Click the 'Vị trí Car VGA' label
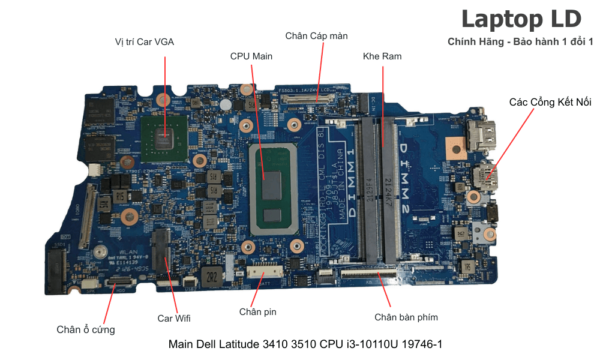tap(145, 42)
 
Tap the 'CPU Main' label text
tap(251, 56)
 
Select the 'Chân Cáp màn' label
tap(316, 36)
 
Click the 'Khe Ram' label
tap(382, 56)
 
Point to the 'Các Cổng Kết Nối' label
tap(550, 102)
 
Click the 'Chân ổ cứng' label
tap(86, 329)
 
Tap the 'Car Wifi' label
tap(174, 318)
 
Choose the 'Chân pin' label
tap(257, 311)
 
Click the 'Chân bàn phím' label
tap(406, 317)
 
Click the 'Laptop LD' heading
tap(521, 19)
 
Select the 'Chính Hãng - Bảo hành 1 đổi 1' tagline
tap(520, 42)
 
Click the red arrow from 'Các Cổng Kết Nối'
tap(510, 144)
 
